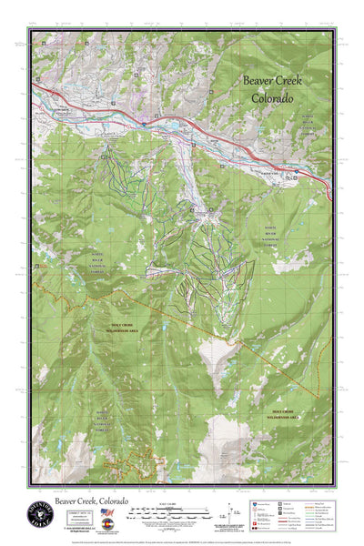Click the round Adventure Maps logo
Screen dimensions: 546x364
pyautogui.click(x=39, y=514)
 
